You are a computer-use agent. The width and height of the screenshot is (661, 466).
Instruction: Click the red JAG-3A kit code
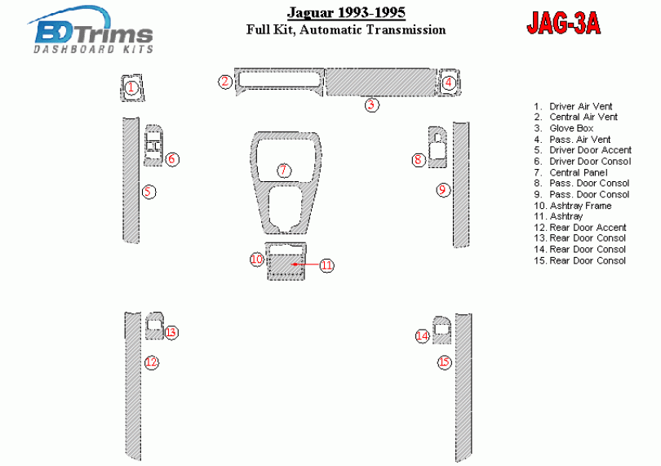click(564, 23)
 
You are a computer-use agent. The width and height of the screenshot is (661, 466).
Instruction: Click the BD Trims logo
click(91, 30)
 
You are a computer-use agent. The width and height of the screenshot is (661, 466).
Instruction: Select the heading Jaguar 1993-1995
click(346, 12)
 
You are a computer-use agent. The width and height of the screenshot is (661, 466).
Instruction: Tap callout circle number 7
click(284, 171)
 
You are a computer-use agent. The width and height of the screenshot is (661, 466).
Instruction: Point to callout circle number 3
click(371, 104)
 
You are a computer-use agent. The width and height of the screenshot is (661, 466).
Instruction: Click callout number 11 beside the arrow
click(326, 265)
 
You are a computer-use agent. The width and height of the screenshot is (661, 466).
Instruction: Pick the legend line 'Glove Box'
click(564, 128)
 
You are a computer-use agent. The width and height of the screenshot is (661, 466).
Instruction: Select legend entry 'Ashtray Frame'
click(573, 206)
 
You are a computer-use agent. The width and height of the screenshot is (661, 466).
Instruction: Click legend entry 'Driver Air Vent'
click(573, 106)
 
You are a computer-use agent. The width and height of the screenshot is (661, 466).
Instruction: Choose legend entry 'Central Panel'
click(570, 172)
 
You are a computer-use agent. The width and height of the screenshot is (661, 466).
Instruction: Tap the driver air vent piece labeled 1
click(132, 88)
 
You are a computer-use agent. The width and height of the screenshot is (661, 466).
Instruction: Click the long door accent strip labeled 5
click(131, 180)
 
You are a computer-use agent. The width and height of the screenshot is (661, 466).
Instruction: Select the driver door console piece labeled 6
click(153, 145)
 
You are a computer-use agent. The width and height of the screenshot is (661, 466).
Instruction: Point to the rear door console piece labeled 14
click(441, 330)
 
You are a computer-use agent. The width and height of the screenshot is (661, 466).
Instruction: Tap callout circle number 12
click(151, 362)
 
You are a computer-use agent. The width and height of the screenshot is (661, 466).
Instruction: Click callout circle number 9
click(442, 190)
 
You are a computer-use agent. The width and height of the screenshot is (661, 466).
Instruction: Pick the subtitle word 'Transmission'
click(406, 30)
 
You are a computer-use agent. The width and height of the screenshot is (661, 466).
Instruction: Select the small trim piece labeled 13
click(154, 326)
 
